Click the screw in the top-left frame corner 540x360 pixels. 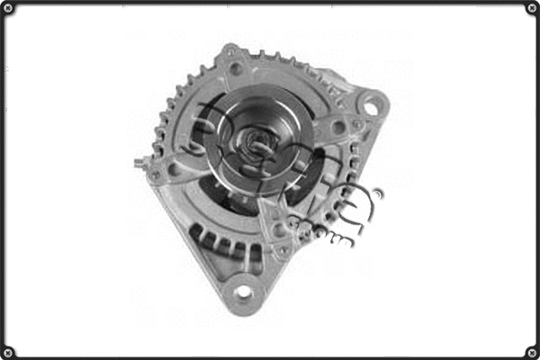8,8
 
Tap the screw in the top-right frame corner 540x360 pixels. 532,8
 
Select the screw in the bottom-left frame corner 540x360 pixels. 8,352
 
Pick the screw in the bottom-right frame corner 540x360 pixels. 532,352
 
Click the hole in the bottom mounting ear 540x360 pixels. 243,292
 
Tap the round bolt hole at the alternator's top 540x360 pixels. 236,67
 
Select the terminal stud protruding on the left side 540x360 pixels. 140,163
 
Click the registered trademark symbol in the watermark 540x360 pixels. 377,193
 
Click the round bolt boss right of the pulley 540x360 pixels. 337,128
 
